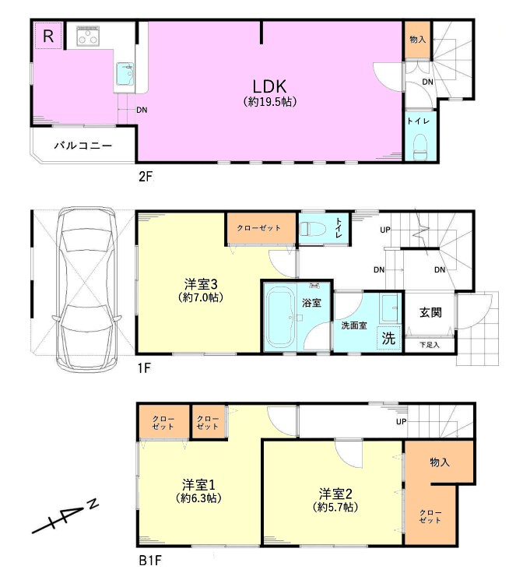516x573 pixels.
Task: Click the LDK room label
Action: pos(270,86)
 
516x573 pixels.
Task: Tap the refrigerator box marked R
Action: pos(48,36)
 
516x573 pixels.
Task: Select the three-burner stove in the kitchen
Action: pos(88,36)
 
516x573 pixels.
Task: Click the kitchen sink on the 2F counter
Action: pos(125,74)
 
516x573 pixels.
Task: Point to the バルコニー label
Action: pos(83,146)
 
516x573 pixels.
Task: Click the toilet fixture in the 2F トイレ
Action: pos(420,147)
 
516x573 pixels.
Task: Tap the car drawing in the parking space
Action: pos(86,289)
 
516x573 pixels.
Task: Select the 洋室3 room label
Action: pos(201,283)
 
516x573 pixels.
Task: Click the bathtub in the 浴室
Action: pos(281,317)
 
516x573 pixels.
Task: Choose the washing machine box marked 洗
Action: pos(388,338)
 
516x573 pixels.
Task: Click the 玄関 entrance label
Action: pos(430,312)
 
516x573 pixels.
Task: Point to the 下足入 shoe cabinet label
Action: pos(430,345)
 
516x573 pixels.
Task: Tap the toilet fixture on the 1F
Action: pos(313,229)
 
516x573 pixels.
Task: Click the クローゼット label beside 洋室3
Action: pos(258,228)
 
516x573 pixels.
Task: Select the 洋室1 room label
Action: pos(198,485)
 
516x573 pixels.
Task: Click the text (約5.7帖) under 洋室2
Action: pos(335,508)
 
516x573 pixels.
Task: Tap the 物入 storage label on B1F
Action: pos(440,462)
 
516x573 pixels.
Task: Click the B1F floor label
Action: pos(150,560)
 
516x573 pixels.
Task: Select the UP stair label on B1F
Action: pos(402,421)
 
